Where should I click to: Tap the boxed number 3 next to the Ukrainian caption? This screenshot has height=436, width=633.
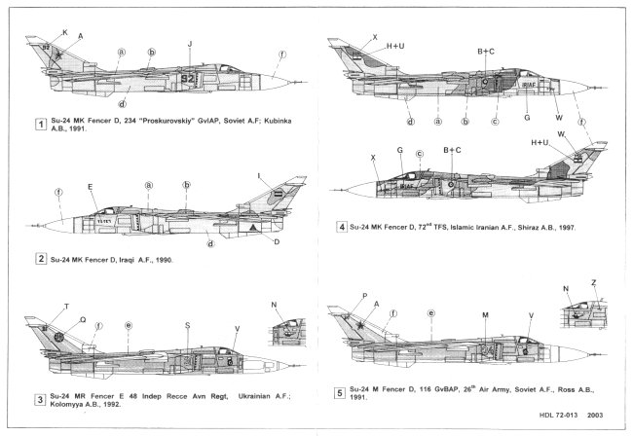click(40, 399)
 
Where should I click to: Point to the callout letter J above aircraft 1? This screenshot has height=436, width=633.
click(190, 44)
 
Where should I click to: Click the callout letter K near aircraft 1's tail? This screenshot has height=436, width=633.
click(65, 32)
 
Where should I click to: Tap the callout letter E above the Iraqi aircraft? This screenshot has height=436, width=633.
click(91, 187)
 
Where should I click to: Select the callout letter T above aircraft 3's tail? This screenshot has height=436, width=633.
click(66, 306)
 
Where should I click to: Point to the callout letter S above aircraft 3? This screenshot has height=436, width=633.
click(187, 325)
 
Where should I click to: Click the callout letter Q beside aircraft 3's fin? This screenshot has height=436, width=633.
click(82, 318)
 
